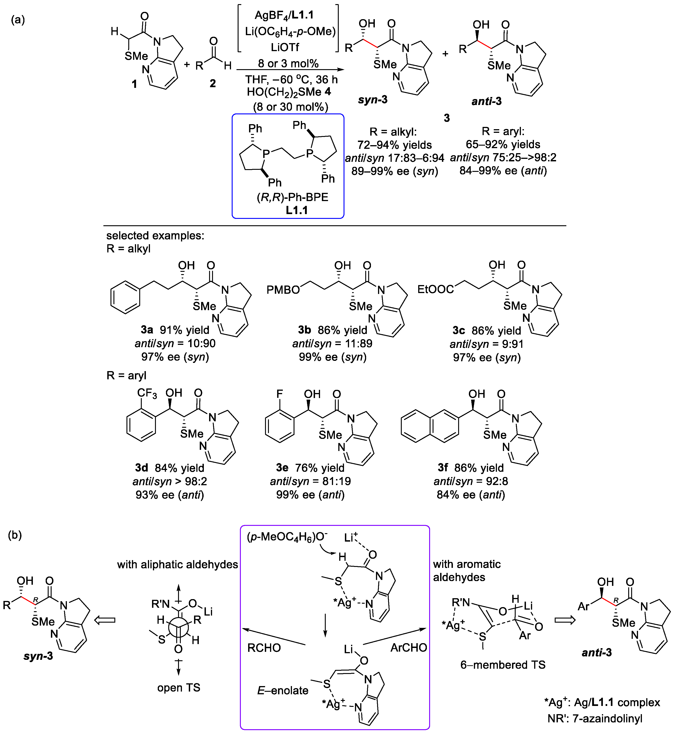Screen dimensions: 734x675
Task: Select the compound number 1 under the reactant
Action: click(134, 84)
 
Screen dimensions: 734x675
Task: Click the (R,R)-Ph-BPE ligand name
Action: click(292, 197)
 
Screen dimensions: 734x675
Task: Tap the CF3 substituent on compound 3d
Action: click(147, 393)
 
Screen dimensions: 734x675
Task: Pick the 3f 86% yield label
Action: click(470, 468)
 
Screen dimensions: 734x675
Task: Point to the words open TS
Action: click(179, 688)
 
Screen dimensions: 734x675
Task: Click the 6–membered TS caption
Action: click(503, 665)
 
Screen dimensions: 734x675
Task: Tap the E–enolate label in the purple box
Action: click(283, 690)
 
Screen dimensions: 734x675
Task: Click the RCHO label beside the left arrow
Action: click(264, 648)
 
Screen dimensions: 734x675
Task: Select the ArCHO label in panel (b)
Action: click(408, 647)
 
